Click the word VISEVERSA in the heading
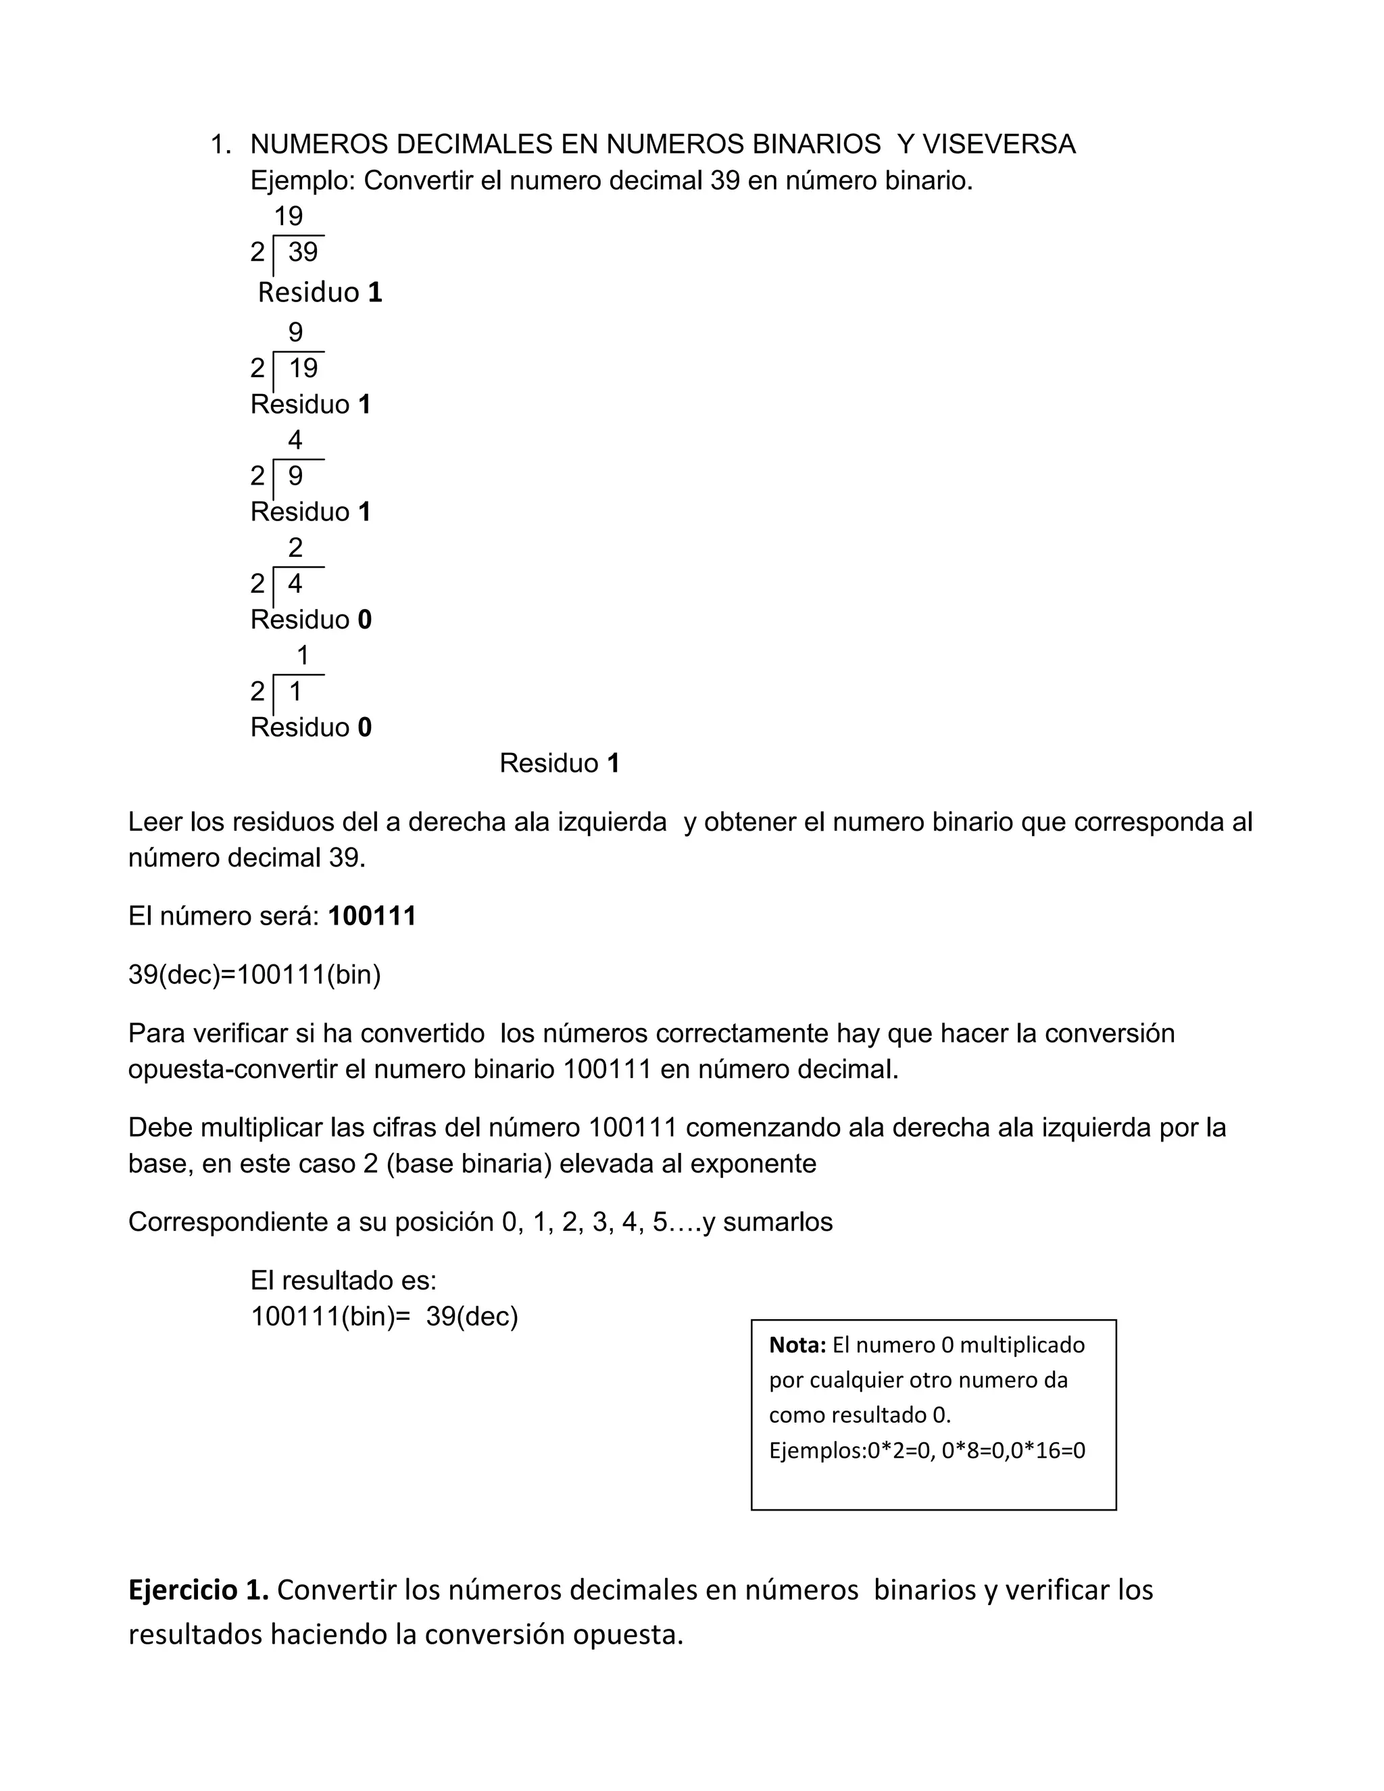(x=999, y=145)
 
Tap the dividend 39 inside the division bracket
(x=303, y=252)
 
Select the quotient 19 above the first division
(x=288, y=216)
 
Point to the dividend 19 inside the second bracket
(x=303, y=368)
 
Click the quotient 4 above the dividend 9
(x=295, y=441)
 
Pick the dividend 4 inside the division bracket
(x=295, y=584)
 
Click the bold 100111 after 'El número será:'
(x=372, y=916)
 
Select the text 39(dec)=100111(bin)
(x=254, y=975)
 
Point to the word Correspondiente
(x=228, y=1222)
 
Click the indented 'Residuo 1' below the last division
(x=559, y=764)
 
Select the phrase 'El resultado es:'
(x=343, y=1280)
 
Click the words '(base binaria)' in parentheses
(x=468, y=1164)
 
